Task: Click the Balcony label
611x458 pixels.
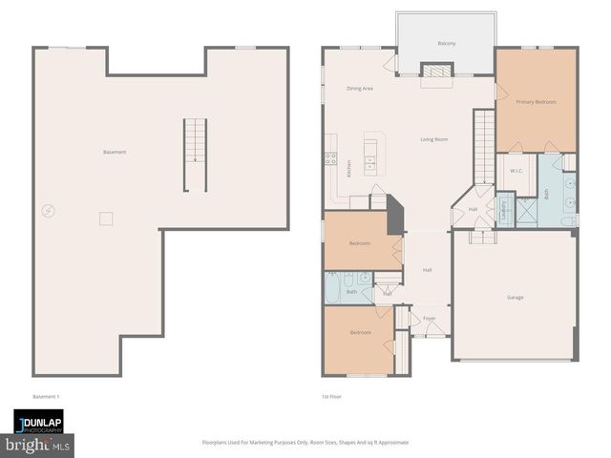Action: [x=447, y=43]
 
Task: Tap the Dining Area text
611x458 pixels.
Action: [x=360, y=88]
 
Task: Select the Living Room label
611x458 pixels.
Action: [x=434, y=139]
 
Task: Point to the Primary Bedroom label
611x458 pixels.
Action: [x=536, y=101]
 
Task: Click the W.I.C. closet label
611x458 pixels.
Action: [x=516, y=171]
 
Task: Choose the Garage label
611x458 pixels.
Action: [x=515, y=297]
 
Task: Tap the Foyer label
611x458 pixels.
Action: [x=430, y=319]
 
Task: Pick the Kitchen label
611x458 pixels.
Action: [x=349, y=168]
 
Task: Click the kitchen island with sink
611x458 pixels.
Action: [x=369, y=153]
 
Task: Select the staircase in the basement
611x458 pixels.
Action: [x=195, y=155]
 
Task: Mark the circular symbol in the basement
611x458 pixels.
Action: [x=48, y=211]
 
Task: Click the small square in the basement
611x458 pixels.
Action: [x=106, y=219]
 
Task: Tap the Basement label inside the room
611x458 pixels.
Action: [x=115, y=153]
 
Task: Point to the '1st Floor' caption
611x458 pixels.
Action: [x=331, y=396]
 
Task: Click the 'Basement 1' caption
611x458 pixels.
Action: [x=47, y=396]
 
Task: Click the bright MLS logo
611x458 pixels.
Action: [x=38, y=445]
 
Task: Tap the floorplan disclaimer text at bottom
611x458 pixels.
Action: [x=305, y=442]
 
